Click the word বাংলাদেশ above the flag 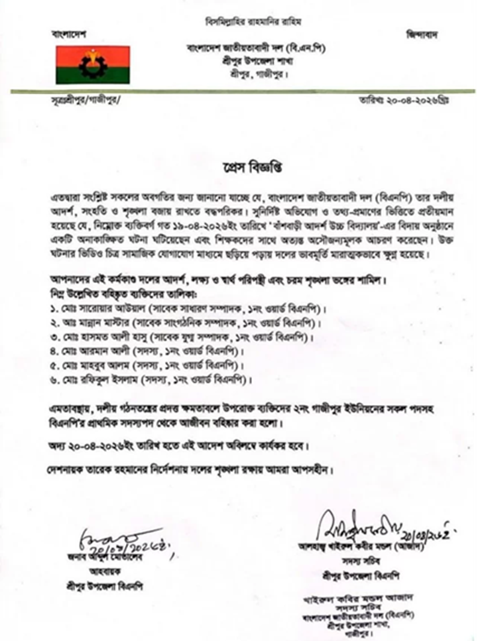(70, 33)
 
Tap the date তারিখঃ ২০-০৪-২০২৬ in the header (422, 101)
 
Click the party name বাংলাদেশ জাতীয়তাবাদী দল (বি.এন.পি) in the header (257, 49)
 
